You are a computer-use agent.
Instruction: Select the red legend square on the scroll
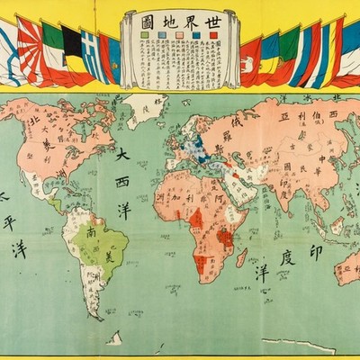(212, 35)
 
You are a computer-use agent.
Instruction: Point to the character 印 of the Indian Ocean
(315, 252)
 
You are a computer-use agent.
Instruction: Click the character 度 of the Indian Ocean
(286, 259)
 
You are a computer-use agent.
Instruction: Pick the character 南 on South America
(92, 233)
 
